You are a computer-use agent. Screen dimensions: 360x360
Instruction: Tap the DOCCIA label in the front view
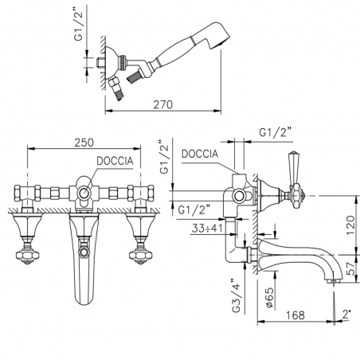115,160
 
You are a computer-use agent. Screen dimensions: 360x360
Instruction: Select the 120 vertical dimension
350,221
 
